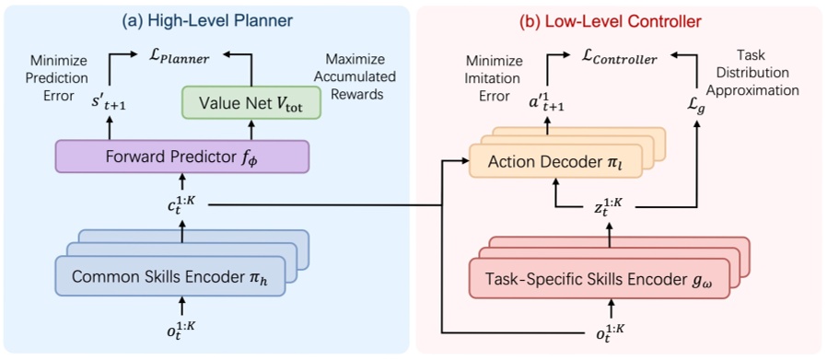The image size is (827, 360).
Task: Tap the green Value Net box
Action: (x=250, y=102)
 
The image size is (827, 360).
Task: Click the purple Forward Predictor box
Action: (x=181, y=157)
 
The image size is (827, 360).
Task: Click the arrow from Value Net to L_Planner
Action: (x=250, y=69)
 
